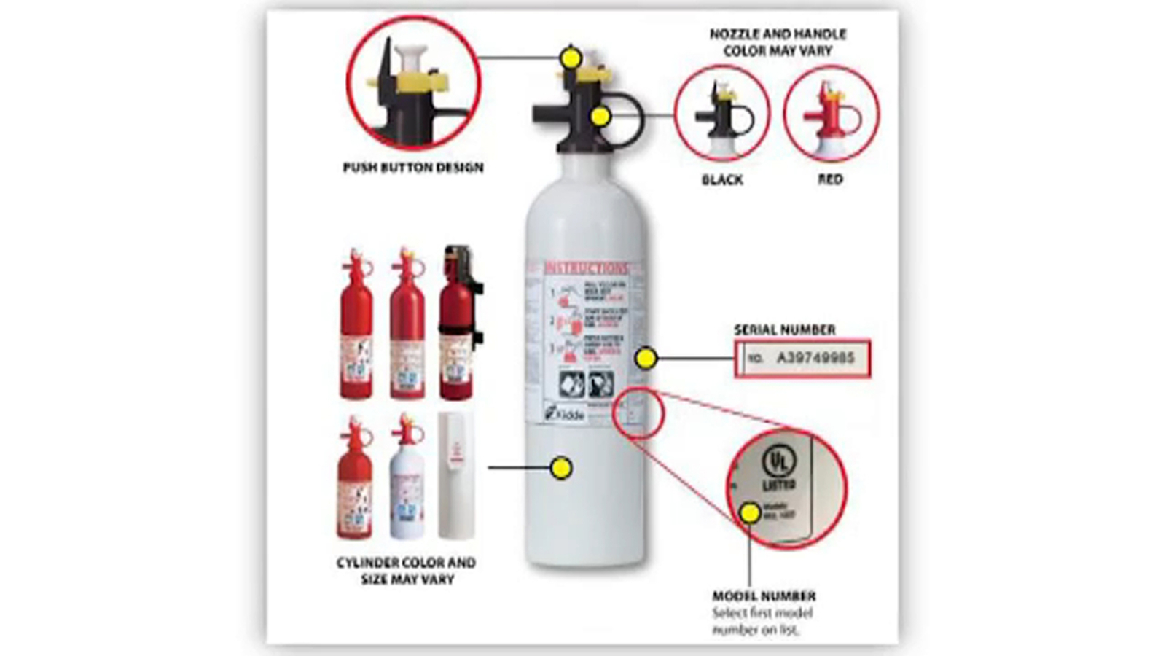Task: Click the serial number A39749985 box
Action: tap(802, 358)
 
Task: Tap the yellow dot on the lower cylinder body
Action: tap(560, 468)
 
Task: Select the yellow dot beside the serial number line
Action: tap(645, 358)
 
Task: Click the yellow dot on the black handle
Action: tap(600, 116)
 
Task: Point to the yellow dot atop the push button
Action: tap(571, 57)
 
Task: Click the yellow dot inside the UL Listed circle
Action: tap(750, 513)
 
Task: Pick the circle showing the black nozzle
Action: tap(721, 114)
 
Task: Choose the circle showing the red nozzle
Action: tap(831, 114)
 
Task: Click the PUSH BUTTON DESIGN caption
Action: tap(413, 168)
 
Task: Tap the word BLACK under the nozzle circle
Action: tap(722, 180)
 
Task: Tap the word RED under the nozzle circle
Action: tap(830, 179)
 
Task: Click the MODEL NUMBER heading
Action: tap(764, 596)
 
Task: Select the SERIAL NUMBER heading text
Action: tap(784, 329)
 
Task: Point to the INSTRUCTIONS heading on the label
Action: tap(585, 268)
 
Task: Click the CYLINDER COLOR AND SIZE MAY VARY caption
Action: tap(406, 571)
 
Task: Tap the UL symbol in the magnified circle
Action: tap(778, 462)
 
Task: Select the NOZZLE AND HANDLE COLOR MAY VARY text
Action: tap(778, 42)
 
